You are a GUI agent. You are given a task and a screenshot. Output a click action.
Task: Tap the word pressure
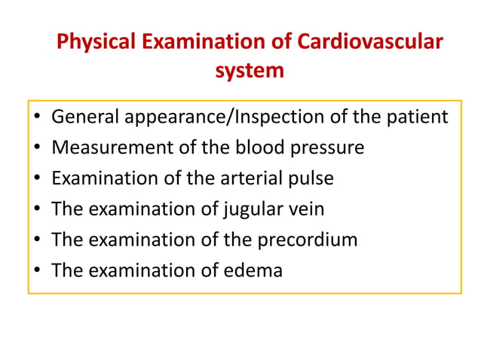(329, 148)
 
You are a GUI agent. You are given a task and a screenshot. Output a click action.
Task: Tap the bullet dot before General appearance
(37, 119)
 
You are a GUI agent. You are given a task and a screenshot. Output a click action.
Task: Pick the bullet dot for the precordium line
(37, 241)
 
